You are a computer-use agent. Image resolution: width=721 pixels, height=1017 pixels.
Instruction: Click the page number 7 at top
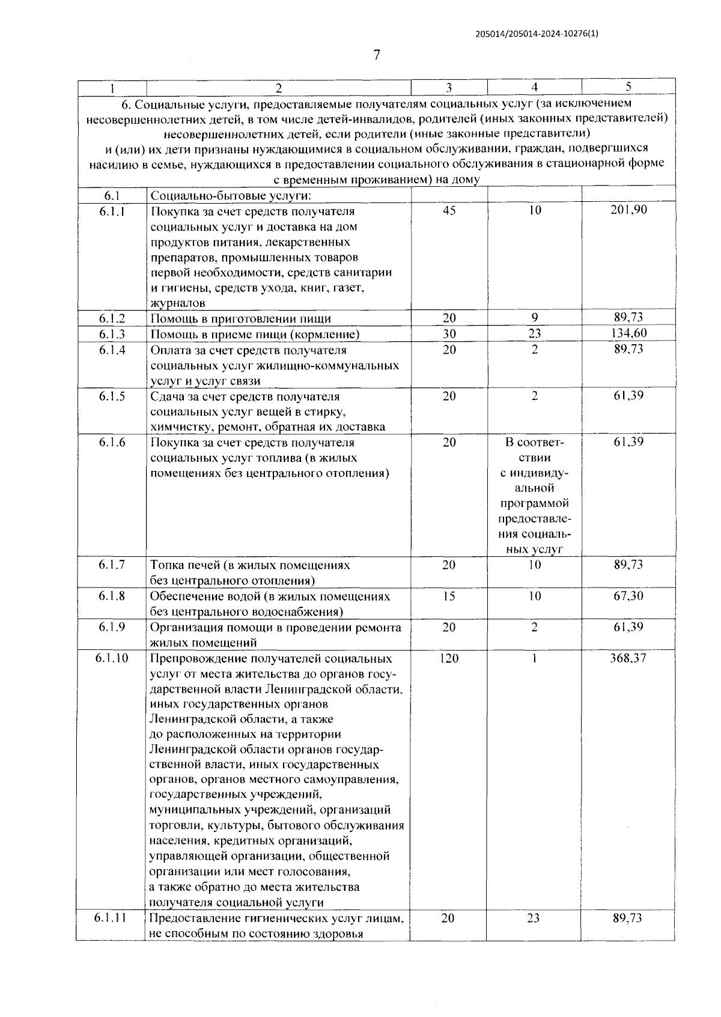tap(377, 56)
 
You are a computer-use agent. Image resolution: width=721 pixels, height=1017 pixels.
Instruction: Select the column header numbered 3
tap(449, 88)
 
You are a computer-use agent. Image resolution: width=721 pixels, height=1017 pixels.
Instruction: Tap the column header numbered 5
tap(628, 87)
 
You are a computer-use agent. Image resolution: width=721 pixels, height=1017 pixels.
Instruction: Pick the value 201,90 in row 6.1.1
tap(628, 210)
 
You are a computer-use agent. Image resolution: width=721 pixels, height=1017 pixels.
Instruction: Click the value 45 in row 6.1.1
tap(449, 211)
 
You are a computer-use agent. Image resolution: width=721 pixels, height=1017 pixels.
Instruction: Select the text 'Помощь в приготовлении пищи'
tap(240, 319)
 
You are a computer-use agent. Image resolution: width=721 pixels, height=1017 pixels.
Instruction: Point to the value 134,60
tap(628, 333)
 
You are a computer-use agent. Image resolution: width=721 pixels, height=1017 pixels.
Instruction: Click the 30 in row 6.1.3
tap(449, 334)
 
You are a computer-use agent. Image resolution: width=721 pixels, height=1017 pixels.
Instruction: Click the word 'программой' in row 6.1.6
tap(534, 503)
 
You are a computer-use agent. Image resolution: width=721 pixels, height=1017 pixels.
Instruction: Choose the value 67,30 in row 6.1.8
tap(628, 596)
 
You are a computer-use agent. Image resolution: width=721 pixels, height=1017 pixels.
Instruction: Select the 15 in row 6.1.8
tap(449, 597)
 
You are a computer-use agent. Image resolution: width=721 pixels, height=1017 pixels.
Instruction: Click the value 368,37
tap(628, 658)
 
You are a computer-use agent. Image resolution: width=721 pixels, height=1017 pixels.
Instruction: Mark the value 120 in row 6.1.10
tap(449, 658)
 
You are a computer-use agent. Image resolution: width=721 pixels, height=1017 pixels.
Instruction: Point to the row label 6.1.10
tap(112, 658)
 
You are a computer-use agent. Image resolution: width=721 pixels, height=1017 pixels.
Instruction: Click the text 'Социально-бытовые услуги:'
tap(231, 196)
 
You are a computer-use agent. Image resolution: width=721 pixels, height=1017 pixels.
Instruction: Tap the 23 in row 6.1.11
tap(534, 918)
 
